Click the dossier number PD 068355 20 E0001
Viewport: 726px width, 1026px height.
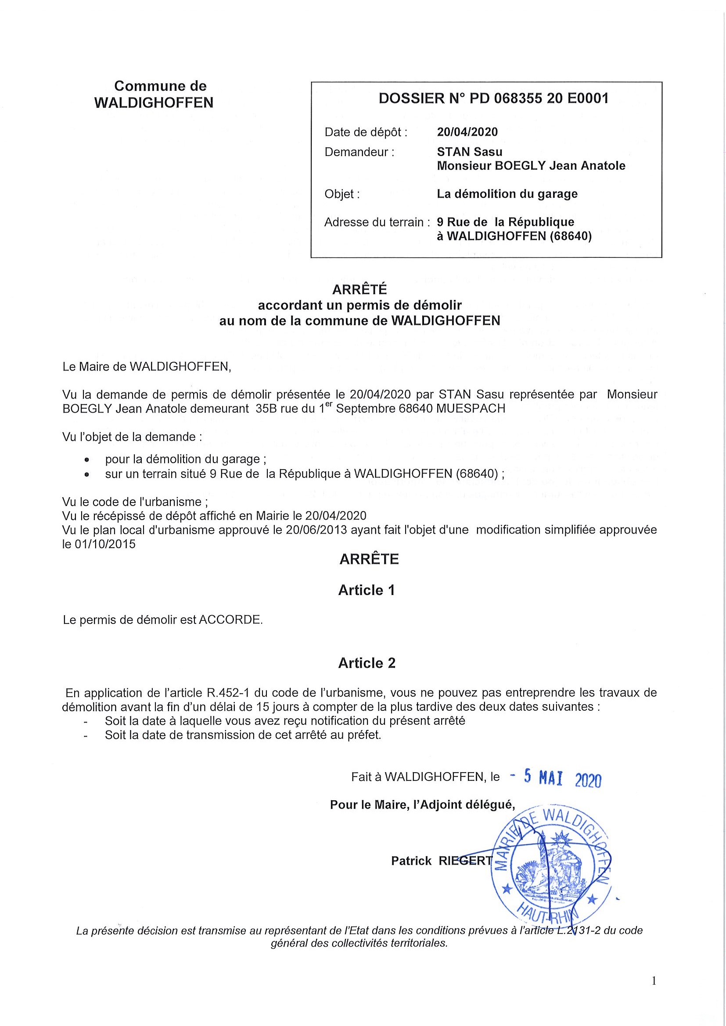(539, 99)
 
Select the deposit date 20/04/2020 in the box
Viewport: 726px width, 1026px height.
(467, 132)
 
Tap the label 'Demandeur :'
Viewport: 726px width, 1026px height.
(359, 153)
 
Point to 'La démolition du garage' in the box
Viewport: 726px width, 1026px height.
(507, 194)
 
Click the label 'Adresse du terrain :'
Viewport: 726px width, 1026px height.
(377, 222)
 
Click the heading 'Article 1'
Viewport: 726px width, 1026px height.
(367, 590)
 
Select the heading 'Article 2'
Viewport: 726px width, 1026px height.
(367, 663)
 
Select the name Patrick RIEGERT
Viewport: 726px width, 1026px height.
(442, 861)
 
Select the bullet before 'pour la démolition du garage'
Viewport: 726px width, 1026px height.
(87, 460)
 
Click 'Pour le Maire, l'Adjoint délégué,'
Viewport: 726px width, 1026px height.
(422, 805)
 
